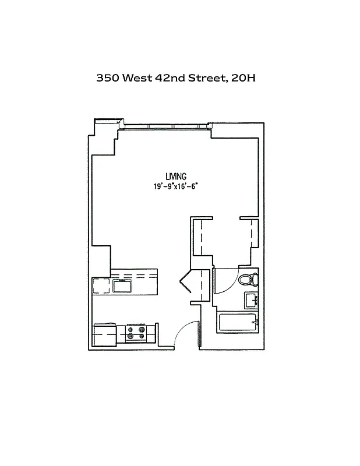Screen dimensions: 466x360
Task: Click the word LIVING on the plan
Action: pos(175,176)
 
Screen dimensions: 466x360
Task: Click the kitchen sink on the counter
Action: pos(122,286)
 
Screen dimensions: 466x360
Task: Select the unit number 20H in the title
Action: pos(243,78)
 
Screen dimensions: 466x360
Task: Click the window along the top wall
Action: pos(166,126)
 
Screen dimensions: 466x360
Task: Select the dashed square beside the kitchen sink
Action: pos(101,286)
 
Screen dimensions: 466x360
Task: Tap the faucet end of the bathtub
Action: pos(253,321)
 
